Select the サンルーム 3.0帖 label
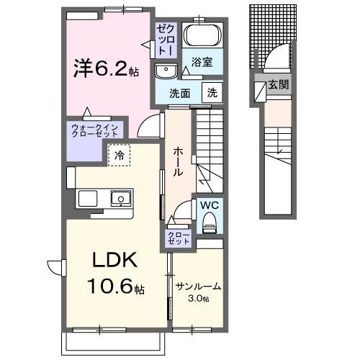[197, 292]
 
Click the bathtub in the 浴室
[202, 36]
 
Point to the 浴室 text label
[202, 63]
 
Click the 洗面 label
[179, 92]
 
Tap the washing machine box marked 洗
[213, 92]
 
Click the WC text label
[210, 205]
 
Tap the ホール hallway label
[178, 161]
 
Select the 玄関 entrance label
[279, 84]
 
